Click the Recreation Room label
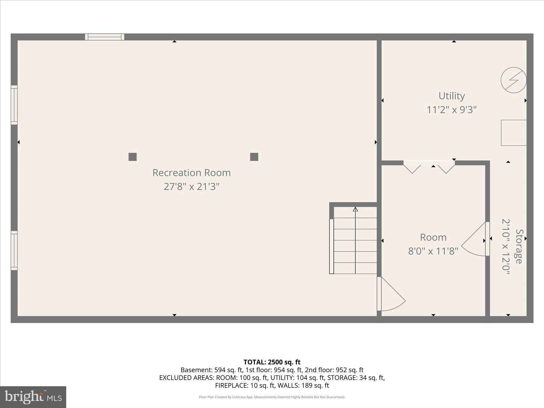click(191, 172)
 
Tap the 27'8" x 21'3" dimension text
click(191, 186)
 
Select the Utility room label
click(451, 96)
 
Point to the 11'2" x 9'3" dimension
click(451, 110)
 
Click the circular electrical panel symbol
click(513, 80)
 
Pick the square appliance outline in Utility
click(513, 132)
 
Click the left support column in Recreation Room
click(132, 157)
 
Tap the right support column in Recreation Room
click(254, 157)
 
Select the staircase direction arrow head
click(355, 210)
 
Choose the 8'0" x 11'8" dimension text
click(433, 251)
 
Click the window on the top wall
click(105, 37)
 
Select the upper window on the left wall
click(14, 105)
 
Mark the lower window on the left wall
click(14, 250)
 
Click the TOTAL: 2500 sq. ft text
click(272, 362)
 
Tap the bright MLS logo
click(33, 397)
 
